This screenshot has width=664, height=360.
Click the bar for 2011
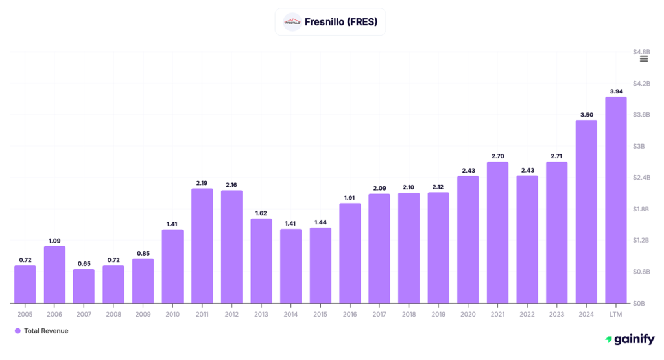point(202,246)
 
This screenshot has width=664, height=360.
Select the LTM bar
point(615,200)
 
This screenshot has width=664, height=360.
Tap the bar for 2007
point(84,286)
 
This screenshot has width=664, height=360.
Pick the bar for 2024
point(586,211)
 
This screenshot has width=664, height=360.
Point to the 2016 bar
point(350,253)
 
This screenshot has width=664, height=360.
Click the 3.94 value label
point(615,91)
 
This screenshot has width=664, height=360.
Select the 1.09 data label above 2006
point(54,241)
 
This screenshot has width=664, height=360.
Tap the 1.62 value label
point(261,213)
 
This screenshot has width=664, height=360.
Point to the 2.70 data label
point(497,156)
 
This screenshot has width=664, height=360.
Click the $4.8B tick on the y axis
point(641,51)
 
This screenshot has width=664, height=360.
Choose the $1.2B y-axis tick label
point(641,240)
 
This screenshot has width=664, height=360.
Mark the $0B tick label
point(639,303)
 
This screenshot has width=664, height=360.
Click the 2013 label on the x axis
point(261,314)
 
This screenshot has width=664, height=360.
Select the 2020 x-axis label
point(468,314)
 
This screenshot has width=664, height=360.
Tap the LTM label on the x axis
point(615,314)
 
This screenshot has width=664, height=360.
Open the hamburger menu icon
point(644,59)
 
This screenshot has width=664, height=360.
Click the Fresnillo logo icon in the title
point(292,22)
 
